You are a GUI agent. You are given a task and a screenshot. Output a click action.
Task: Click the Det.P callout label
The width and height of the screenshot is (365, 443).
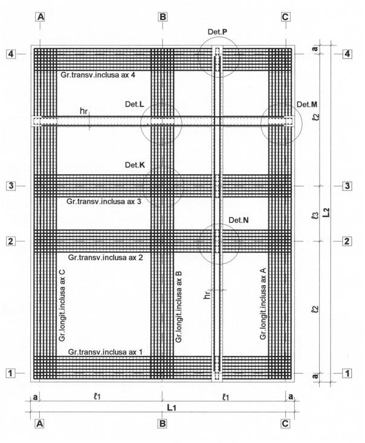tap(218, 31)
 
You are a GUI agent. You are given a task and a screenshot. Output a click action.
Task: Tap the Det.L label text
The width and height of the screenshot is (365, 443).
tap(135, 104)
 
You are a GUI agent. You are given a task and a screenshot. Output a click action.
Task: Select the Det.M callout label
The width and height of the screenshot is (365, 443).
tap(307, 105)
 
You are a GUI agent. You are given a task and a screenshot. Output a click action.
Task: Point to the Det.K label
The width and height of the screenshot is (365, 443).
tap(135, 165)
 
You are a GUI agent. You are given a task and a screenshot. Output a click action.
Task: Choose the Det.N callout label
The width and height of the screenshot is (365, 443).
tap(239, 220)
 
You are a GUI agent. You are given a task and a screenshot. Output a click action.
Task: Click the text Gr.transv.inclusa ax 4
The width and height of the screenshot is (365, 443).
tap(98, 75)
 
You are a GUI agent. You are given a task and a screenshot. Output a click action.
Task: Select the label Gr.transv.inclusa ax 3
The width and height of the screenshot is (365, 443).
tap(104, 201)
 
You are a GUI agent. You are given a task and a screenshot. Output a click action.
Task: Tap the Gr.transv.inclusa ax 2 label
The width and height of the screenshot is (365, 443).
tap(105, 257)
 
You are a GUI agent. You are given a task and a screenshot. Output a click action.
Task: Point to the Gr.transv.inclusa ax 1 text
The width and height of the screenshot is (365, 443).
tap(105, 352)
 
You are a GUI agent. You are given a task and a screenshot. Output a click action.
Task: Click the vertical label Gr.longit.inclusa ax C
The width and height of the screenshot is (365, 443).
tap(62, 305)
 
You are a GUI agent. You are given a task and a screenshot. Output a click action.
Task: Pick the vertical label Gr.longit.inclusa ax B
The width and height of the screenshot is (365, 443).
tap(178, 307)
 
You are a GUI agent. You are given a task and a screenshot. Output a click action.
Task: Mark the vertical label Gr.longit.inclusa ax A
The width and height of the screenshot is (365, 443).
tap(263, 304)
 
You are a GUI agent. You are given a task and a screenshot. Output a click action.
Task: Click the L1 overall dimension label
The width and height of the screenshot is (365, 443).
tap(172, 407)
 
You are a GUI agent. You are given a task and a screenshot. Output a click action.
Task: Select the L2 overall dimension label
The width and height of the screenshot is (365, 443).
tap(326, 213)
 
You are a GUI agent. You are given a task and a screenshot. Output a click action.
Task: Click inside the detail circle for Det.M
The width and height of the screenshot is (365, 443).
tap(282, 123)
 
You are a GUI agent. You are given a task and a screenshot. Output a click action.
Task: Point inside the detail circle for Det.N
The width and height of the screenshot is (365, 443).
tap(219, 244)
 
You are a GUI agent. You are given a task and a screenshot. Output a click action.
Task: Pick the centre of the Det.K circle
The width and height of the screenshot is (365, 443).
tap(163, 187)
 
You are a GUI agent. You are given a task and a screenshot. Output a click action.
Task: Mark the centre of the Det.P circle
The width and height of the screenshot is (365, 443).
tap(218, 56)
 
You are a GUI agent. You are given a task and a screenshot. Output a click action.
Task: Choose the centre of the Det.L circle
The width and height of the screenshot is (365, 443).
tap(161, 123)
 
